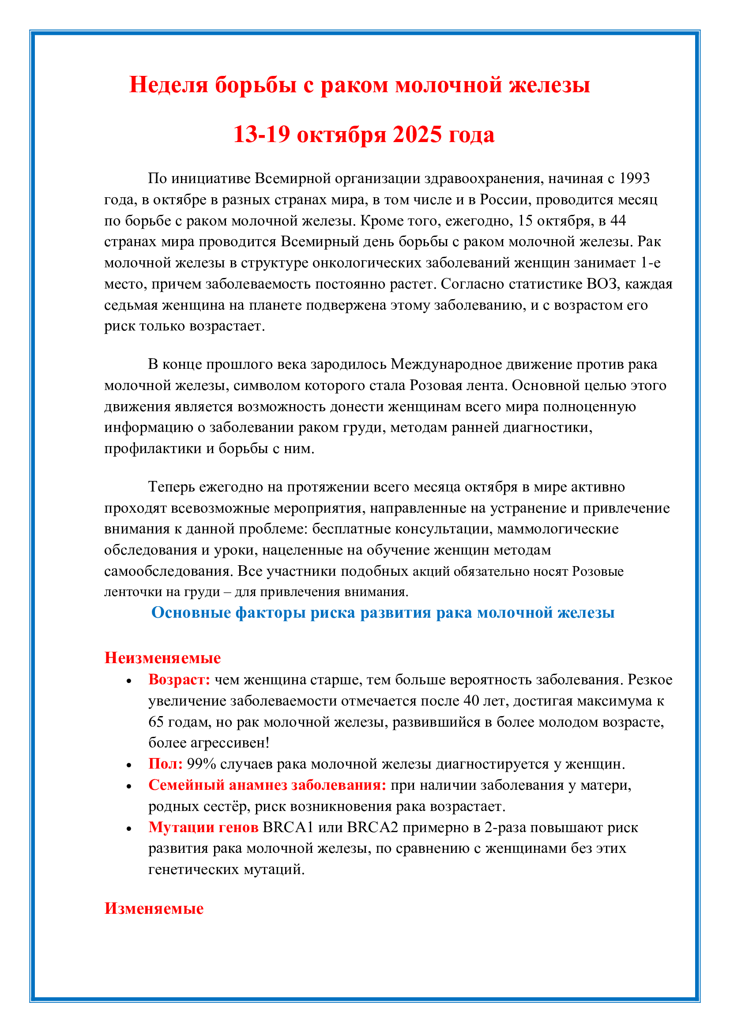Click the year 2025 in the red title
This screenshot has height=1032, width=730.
417,135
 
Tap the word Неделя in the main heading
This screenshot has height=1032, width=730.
168,85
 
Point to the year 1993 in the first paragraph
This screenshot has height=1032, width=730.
634,178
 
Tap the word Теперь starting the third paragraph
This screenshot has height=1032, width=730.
171,487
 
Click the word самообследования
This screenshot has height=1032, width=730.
168,571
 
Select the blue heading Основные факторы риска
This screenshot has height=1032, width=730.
383,613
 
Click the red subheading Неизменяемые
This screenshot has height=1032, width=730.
162,658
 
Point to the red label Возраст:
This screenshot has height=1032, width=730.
179,679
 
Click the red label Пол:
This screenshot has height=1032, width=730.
165,764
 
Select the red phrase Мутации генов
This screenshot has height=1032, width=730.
203,827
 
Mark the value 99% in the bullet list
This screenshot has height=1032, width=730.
201,764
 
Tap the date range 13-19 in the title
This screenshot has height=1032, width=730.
262,135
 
